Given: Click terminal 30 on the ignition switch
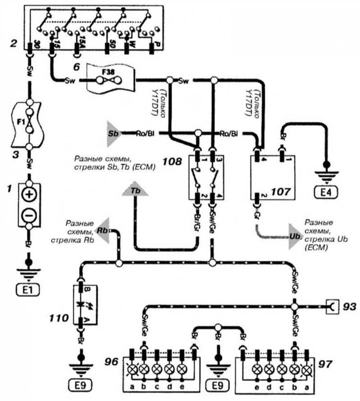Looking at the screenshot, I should [x=30, y=47].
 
